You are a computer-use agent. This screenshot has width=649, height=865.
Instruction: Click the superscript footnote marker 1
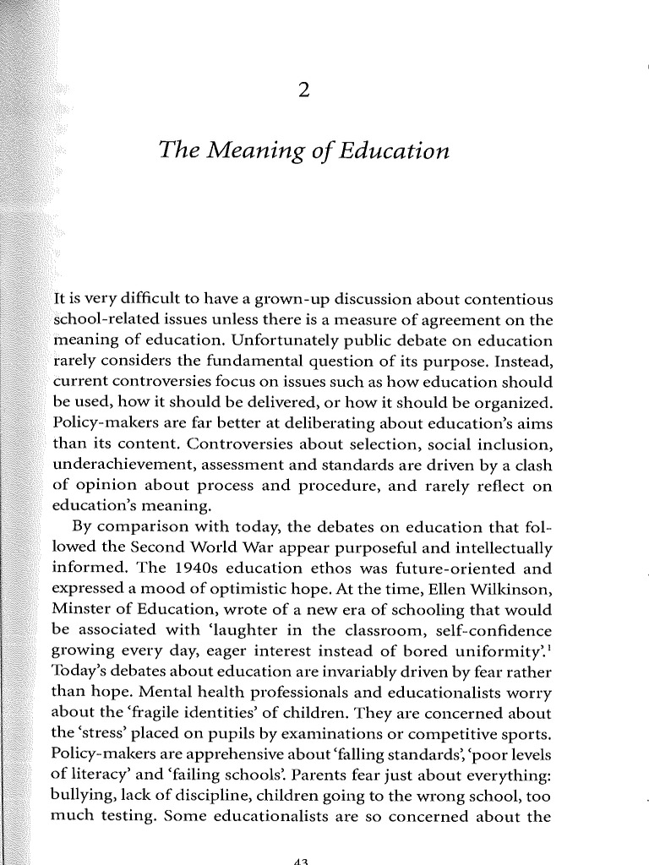tap(549, 645)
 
